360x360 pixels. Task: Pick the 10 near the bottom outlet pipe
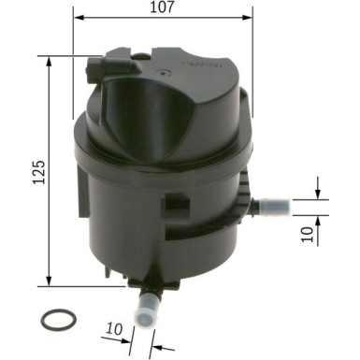point(115,330)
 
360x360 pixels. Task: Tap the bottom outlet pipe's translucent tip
point(147,310)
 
